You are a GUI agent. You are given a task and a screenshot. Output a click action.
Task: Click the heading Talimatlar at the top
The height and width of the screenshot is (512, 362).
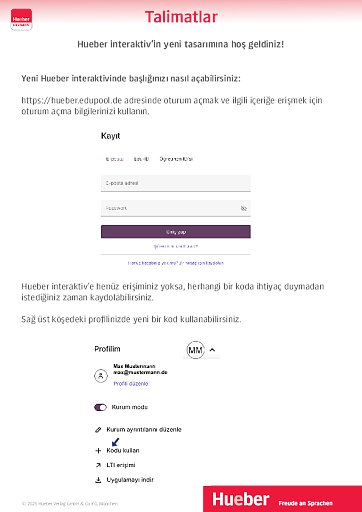[x=180, y=17]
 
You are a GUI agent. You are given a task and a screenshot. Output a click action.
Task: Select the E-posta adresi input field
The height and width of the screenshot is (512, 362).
[x=175, y=183]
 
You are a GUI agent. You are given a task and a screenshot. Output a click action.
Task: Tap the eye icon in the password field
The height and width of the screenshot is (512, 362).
[x=243, y=208]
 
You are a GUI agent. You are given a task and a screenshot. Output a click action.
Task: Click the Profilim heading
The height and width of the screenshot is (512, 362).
[x=107, y=350]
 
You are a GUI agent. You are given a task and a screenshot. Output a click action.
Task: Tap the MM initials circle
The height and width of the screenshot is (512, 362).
[x=194, y=350]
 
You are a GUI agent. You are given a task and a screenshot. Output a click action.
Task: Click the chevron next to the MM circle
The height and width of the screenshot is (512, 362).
[x=212, y=350]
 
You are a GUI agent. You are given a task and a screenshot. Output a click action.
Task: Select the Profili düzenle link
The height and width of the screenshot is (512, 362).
[x=131, y=383]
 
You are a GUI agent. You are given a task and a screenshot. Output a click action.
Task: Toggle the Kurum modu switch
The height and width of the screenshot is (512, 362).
[x=100, y=408]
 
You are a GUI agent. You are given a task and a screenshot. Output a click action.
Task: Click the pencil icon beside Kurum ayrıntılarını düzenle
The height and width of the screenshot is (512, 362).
[x=99, y=429]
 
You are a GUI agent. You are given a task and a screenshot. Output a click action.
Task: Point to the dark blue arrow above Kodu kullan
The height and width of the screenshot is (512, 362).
[x=114, y=441]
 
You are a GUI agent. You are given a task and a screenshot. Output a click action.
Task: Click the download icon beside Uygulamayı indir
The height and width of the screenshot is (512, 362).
[x=99, y=479]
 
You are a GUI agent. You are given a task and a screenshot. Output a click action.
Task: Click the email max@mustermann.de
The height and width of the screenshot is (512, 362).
[x=140, y=372]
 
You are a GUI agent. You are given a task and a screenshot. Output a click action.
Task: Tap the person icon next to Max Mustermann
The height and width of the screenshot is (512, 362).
[x=99, y=375]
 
